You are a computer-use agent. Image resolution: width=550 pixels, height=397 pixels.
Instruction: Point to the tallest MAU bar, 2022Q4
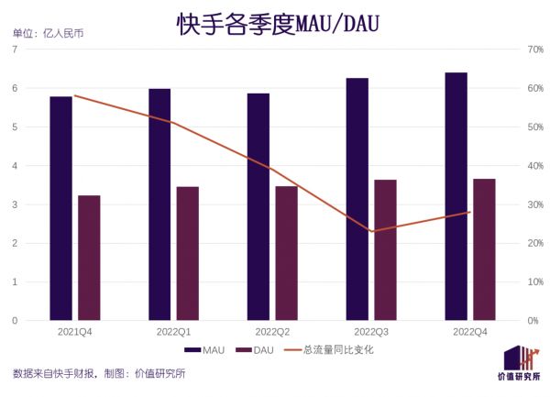pyautogui.click(x=456, y=196)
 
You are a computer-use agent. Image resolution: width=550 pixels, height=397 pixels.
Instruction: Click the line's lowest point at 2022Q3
pyautogui.click(x=371, y=231)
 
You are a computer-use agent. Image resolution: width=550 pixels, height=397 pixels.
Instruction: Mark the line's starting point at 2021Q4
pyautogui.click(x=74, y=95)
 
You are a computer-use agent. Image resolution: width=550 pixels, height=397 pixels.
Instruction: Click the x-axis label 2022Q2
pyautogui.click(x=272, y=331)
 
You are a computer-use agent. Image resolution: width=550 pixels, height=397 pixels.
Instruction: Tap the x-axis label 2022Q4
pyautogui.click(x=470, y=331)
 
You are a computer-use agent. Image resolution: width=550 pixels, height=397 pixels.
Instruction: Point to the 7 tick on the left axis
pyautogui.click(x=15, y=50)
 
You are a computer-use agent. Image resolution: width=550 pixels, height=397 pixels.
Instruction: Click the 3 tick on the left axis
pyautogui.click(x=15, y=204)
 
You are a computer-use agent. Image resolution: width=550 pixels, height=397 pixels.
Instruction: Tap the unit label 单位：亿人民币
pyautogui.click(x=47, y=34)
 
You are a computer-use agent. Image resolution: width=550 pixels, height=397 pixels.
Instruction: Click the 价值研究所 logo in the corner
pyautogui.click(x=518, y=366)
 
